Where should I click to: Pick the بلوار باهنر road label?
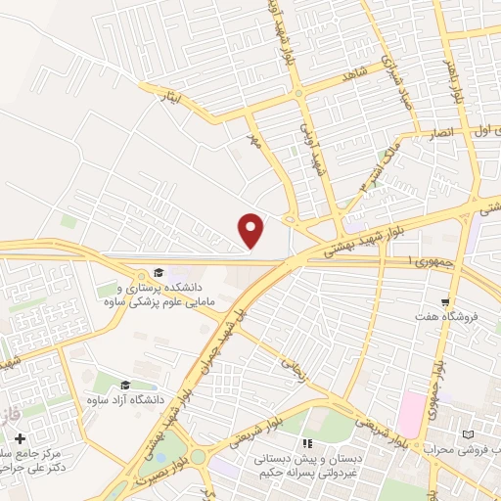click(x=457, y=84)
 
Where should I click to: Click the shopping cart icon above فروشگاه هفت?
click(x=445, y=301)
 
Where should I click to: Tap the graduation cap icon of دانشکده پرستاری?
click(x=159, y=273)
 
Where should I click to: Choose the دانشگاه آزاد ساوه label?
click(x=123, y=402)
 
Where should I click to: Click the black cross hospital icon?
click(x=21, y=438)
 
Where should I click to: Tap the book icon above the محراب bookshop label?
click(x=467, y=433)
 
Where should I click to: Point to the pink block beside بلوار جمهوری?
click(x=412, y=409)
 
